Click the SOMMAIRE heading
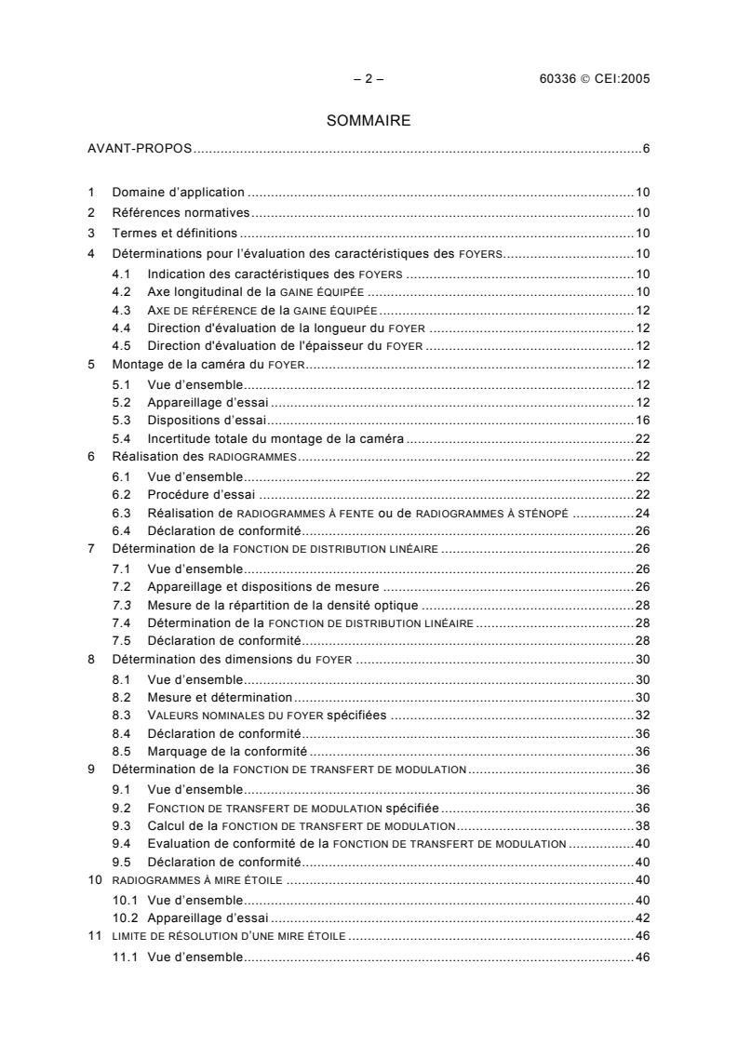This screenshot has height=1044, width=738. tap(369, 120)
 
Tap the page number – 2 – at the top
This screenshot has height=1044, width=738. tap(369, 79)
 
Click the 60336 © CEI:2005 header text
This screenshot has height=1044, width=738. tap(594, 79)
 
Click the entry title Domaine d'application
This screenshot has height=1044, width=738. tap(179, 193)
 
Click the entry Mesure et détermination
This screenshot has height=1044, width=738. tap(220, 697)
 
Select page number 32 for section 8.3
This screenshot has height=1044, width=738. tap(642, 716)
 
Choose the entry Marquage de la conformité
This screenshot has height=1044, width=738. tap(228, 750)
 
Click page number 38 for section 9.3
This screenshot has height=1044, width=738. tap(642, 825)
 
